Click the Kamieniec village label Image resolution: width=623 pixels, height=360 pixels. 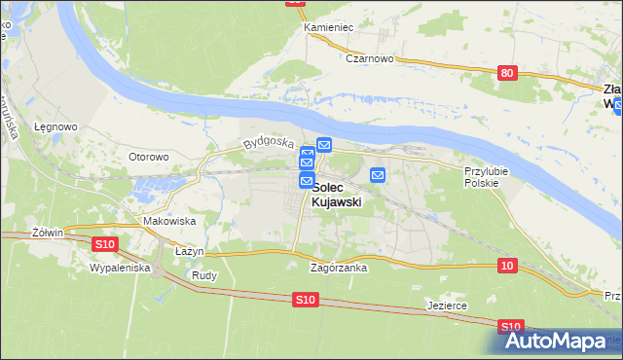click(x=328, y=27)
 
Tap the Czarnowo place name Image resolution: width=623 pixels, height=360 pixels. click(x=369, y=58)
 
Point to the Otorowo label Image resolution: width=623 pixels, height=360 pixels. click(x=149, y=156)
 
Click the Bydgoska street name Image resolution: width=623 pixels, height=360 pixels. click(x=269, y=143)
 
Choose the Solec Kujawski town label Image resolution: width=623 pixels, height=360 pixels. click(x=336, y=195)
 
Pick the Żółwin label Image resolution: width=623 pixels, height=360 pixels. click(x=47, y=233)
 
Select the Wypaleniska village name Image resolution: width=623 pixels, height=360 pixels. click(x=119, y=266)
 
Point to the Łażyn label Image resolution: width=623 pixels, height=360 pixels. click(x=189, y=251)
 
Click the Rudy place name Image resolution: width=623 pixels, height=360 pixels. click(x=203, y=275)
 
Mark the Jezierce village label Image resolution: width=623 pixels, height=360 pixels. click(x=447, y=306)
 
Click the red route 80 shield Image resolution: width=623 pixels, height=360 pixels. click(x=505, y=73)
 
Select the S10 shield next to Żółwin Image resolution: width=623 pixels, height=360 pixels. click(x=106, y=243)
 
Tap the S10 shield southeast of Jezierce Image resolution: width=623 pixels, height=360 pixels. click(x=511, y=327)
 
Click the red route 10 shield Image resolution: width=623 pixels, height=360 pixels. click(x=506, y=265)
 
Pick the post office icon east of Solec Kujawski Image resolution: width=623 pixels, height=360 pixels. click(x=379, y=175)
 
